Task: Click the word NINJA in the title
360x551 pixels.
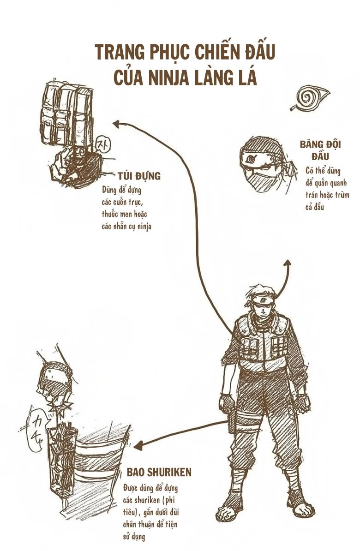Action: [x=173, y=77]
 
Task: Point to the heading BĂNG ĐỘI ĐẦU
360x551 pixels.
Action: [x=320, y=150]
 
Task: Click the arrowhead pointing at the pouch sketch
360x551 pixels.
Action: [x=116, y=123]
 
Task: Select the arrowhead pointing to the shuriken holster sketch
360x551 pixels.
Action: [x=137, y=445]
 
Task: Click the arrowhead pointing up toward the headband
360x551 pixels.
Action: [x=287, y=263]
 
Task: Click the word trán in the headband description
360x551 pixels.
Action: [x=313, y=195]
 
